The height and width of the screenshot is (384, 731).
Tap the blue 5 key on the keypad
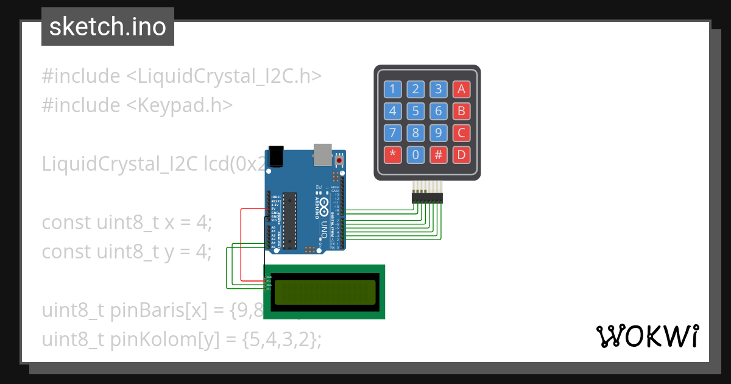[x=415, y=112]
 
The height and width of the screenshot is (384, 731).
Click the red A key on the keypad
[x=461, y=90]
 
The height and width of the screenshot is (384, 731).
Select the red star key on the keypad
[x=392, y=154]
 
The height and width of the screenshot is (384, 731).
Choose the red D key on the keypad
[x=461, y=154]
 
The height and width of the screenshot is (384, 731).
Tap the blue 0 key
[x=415, y=154]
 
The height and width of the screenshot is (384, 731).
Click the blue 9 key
[x=438, y=133]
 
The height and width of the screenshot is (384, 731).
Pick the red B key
[x=461, y=112]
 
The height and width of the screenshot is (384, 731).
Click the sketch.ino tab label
[x=108, y=27]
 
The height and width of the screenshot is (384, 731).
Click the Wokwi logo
[x=647, y=336]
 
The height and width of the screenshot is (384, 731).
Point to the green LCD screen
[x=324, y=292]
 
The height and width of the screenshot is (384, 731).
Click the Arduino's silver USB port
[x=322, y=155]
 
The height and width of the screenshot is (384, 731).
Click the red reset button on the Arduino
[x=339, y=161]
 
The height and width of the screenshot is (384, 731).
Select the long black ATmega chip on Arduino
[x=290, y=221]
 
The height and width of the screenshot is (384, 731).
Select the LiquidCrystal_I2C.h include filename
[x=224, y=76]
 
